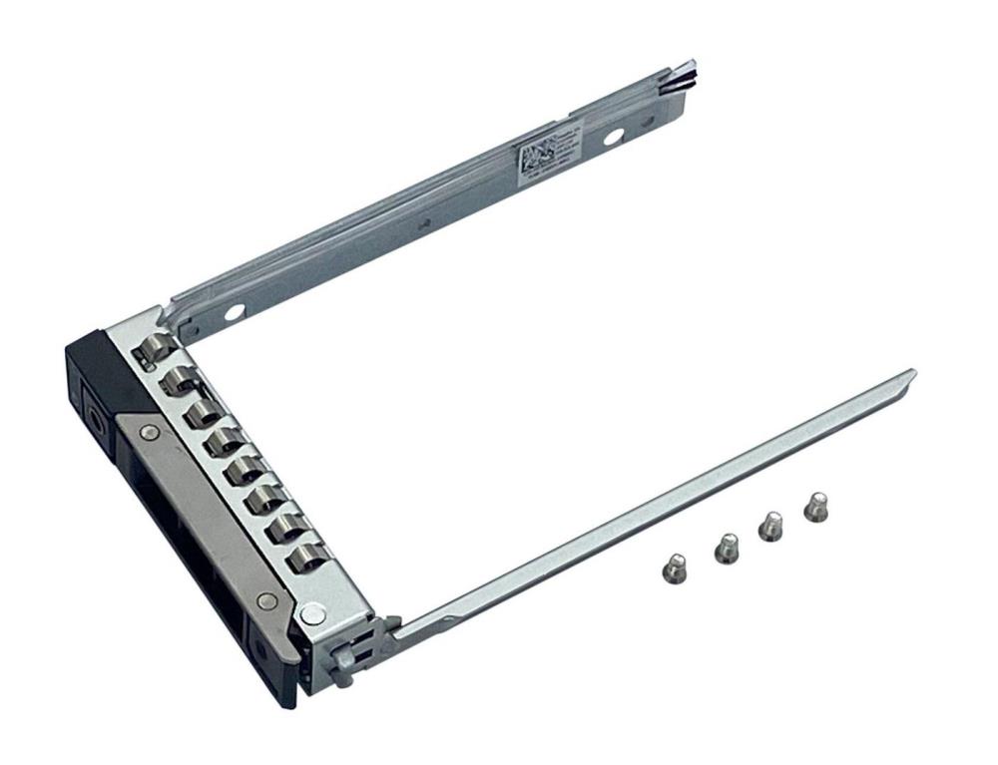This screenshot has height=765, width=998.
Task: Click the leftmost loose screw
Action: [673, 565]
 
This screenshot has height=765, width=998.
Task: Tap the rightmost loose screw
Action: [816, 506]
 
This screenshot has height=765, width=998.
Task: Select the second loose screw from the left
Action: [726, 547]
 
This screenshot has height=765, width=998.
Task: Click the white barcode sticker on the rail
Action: [546, 154]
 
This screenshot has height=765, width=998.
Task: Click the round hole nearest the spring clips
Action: [233, 312]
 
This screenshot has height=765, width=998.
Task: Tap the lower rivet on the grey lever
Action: [265, 600]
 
